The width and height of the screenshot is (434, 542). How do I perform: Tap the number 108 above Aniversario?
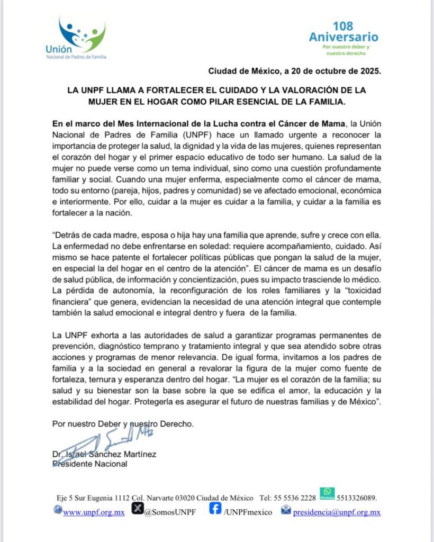(x=343, y=26)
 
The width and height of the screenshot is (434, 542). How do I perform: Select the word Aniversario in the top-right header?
(x=343, y=38)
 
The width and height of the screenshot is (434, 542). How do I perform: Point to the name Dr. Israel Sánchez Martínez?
(x=104, y=454)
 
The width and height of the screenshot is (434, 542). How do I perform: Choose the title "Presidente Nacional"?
(x=90, y=464)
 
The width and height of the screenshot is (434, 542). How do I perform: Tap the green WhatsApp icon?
(x=327, y=493)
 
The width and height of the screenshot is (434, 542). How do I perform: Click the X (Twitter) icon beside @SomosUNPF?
(x=137, y=510)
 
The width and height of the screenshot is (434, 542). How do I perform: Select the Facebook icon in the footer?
(x=215, y=509)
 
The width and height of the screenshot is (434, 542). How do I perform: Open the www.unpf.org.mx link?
(x=94, y=512)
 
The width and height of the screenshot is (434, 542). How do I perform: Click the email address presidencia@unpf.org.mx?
(x=337, y=512)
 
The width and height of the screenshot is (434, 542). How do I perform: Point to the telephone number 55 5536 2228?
(x=295, y=498)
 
